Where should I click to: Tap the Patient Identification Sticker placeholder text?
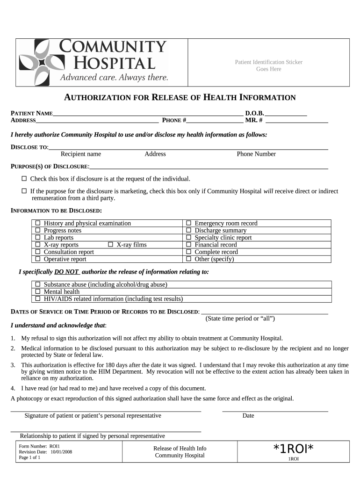(268, 65)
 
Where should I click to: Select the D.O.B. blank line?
(286, 114)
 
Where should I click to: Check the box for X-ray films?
(111, 245)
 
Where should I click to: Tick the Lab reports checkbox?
(38, 238)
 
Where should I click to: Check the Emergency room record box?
(189, 224)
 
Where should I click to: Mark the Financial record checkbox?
(189, 245)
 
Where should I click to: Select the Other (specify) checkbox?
(189, 259)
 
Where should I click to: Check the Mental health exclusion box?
(38, 292)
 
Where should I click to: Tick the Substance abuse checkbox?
(38, 284)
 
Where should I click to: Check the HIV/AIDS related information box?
(38, 299)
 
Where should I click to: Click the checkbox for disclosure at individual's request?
(24, 179)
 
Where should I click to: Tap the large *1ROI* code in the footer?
(293, 449)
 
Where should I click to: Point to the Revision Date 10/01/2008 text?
(45, 452)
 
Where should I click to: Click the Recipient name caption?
(81, 154)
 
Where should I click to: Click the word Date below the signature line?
(248, 415)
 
